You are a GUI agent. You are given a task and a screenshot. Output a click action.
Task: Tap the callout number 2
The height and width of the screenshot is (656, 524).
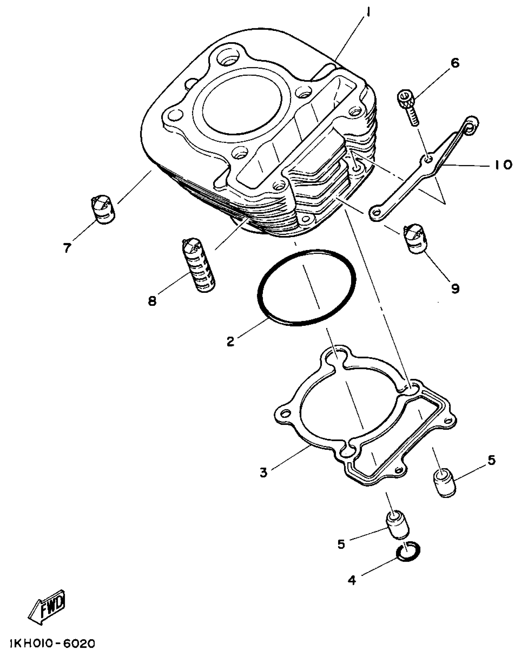coord(231,342)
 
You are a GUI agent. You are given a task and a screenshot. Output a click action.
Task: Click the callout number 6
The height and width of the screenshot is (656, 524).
coord(455,63)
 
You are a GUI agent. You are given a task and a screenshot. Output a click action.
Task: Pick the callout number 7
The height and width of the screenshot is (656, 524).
coord(67,248)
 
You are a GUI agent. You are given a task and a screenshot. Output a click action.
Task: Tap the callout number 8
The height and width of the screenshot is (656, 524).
coord(152,301)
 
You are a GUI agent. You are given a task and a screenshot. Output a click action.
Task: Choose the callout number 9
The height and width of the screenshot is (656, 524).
coord(455,288)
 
